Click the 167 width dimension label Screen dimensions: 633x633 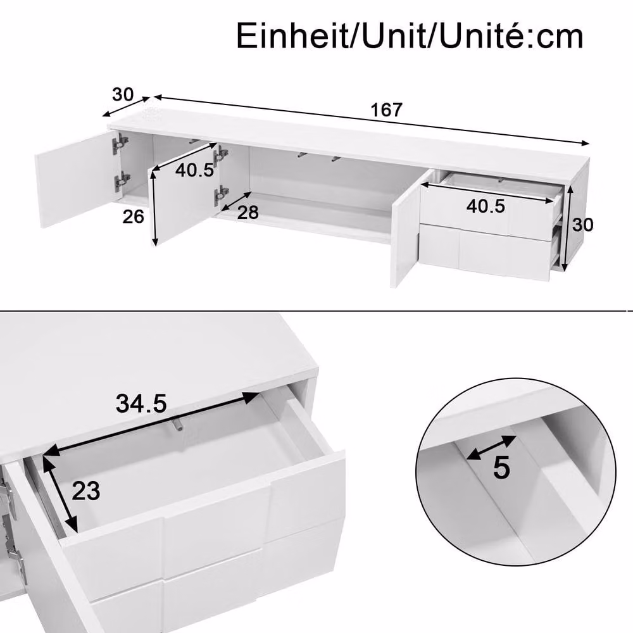[x=386, y=110]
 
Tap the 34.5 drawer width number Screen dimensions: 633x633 [x=141, y=403]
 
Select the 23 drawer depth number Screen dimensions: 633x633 [x=85, y=491]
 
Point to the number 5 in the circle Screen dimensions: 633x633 [x=501, y=468]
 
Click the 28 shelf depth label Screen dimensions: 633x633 [x=248, y=212]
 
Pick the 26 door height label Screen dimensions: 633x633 [x=133, y=216]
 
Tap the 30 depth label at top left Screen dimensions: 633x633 [x=123, y=94]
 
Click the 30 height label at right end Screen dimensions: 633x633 [x=582, y=225]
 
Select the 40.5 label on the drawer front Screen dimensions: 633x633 [x=486, y=206]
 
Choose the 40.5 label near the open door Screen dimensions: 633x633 [x=194, y=170]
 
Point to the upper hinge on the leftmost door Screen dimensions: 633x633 [x=120, y=143]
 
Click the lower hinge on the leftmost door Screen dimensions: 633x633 [x=121, y=182]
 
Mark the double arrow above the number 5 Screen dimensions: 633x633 [x=491, y=448]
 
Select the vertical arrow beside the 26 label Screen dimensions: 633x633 [x=153, y=208]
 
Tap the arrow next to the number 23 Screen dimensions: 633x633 [x=60, y=494]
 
